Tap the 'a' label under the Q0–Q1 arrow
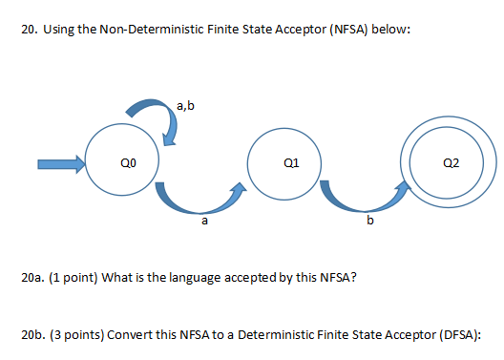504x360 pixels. [x=203, y=222]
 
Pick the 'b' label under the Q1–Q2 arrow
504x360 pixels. [x=370, y=222]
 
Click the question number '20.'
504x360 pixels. [x=29, y=31]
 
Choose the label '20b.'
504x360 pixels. [x=31, y=335]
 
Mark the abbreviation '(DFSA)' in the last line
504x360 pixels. [x=454, y=335]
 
